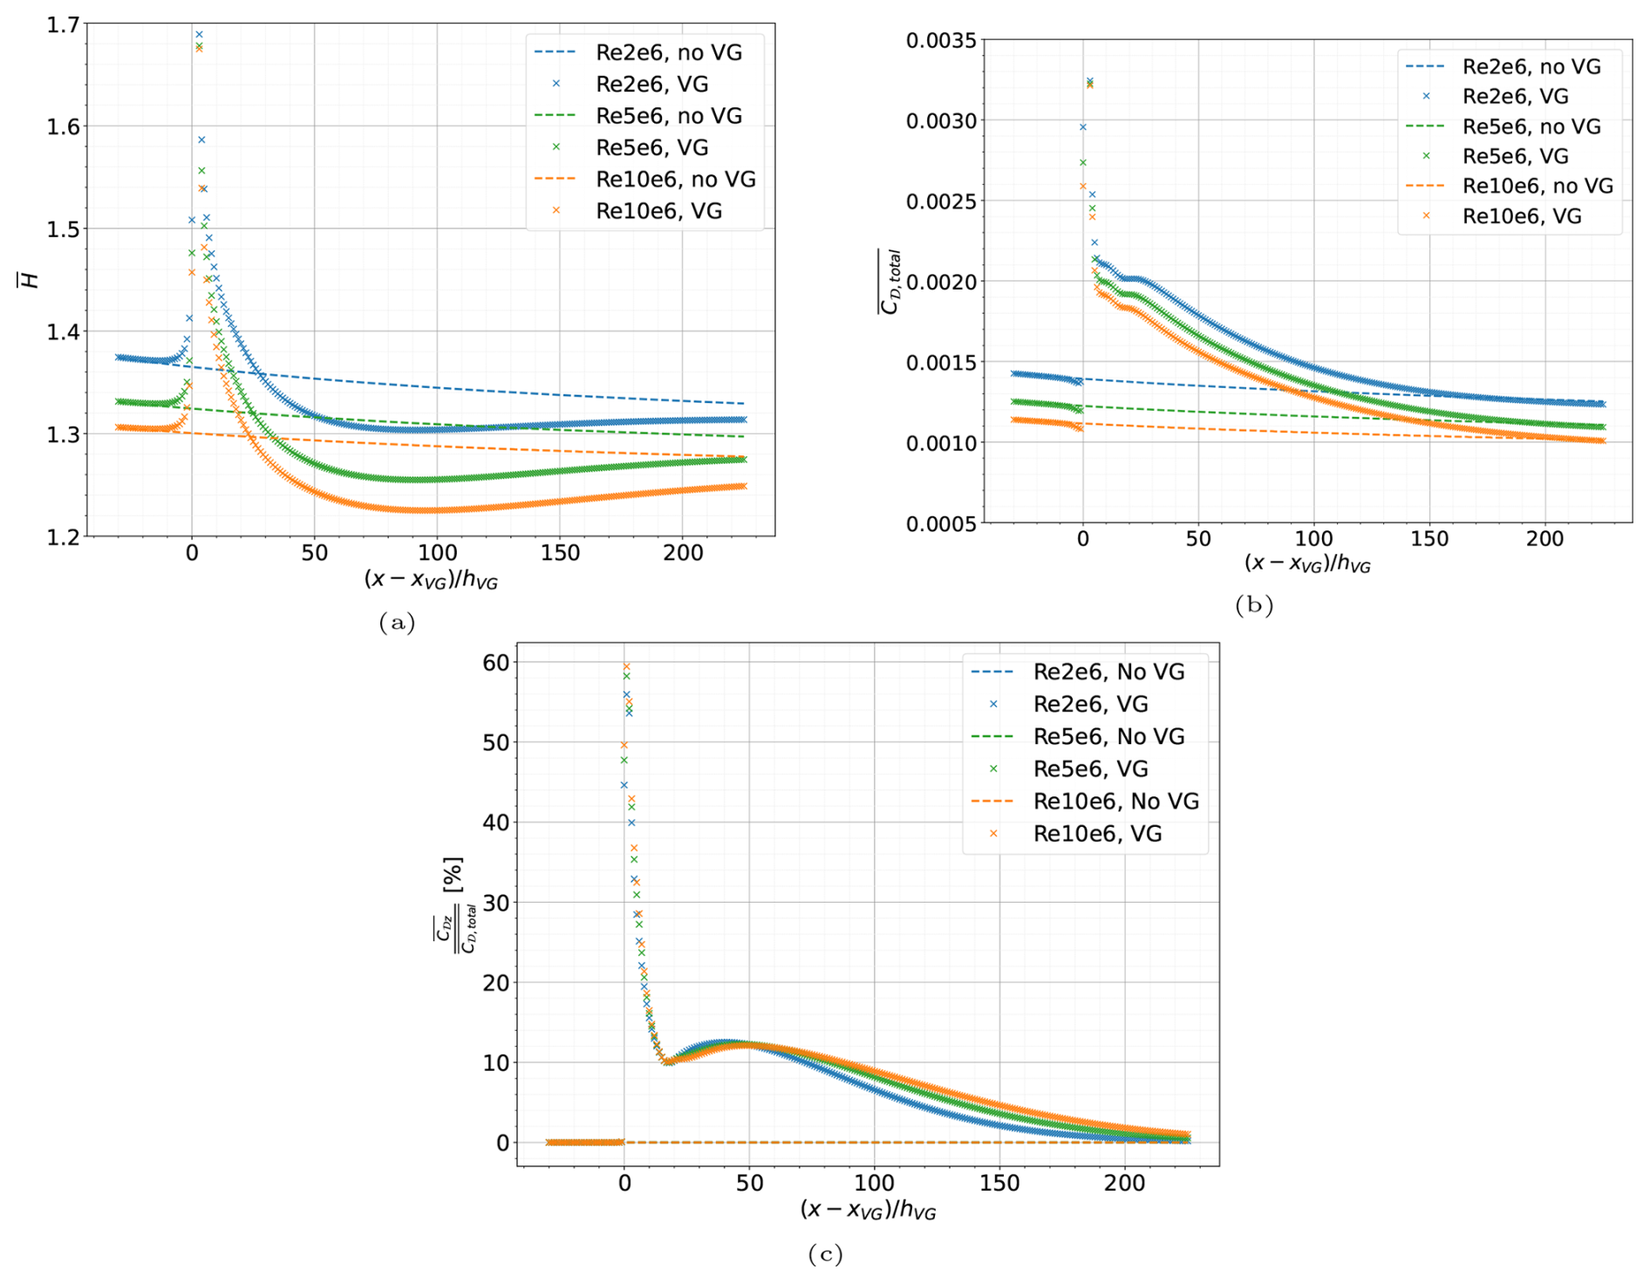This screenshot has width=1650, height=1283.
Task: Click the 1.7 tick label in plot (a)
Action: [62, 25]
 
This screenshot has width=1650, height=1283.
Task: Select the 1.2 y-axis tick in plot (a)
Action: [62, 536]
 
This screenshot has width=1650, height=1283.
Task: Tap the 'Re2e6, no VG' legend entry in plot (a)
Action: [668, 52]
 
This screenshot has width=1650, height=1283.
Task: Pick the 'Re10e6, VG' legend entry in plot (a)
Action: [658, 211]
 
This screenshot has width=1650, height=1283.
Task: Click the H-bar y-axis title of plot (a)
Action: [30, 280]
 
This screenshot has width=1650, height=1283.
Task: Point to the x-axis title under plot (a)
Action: [431, 579]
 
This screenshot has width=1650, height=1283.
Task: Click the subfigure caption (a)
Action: [397, 622]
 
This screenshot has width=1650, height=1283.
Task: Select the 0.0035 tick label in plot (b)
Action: [941, 41]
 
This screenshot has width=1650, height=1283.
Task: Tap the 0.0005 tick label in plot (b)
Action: [941, 523]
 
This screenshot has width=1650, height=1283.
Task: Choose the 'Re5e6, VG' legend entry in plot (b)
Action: [1515, 156]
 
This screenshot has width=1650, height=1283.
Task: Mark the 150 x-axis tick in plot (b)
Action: [1428, 539]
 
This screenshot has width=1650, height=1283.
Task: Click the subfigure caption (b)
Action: [1254, 605]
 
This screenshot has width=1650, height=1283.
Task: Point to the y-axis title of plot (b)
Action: [890, 281]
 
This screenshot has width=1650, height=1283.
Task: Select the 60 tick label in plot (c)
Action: [495, 663]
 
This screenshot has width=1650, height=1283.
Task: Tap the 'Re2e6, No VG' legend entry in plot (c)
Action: [1108, 672]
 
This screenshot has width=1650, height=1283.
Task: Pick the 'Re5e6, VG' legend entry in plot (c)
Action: [1090, 768]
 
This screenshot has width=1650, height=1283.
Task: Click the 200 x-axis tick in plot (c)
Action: [1124, 1184]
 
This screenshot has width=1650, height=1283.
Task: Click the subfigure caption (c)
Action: [825, 1254]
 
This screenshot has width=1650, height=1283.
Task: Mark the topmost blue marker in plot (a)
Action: [199, 35]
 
